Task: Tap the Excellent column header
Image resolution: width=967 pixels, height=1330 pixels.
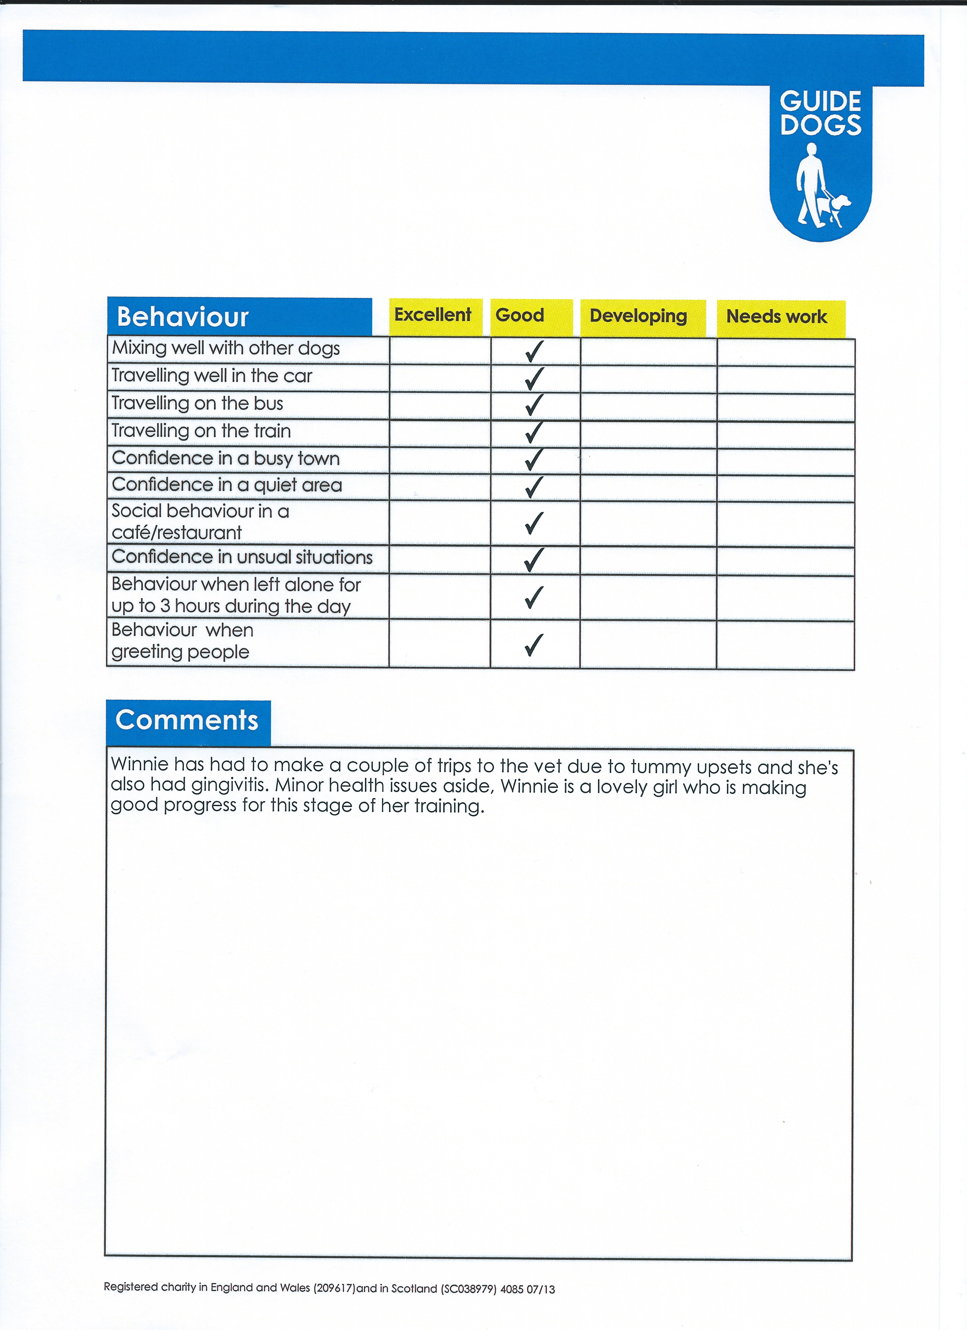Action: tap(433, 316)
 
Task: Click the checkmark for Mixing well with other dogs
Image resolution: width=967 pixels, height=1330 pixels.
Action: tap(534, 351)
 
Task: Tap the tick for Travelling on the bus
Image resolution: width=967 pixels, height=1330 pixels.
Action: tap(534, 405)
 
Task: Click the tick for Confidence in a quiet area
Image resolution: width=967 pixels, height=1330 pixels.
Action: tap(534, 487)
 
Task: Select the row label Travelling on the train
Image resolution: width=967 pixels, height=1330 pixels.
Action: tap(201, 431)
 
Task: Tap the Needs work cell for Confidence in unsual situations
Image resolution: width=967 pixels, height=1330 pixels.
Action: tap(785, 561)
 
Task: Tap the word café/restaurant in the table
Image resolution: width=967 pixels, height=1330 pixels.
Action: tap(177, 532)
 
